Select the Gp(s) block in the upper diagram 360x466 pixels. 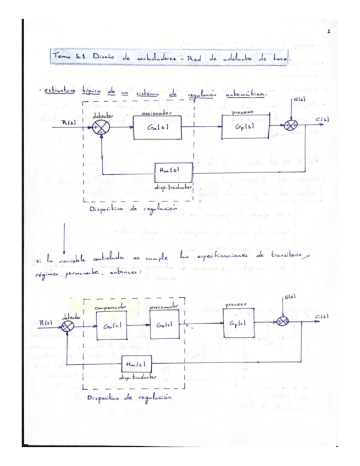pos(243,128)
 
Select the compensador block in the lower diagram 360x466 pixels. pos(112,325)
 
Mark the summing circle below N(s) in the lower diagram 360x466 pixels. pos(285,320)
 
